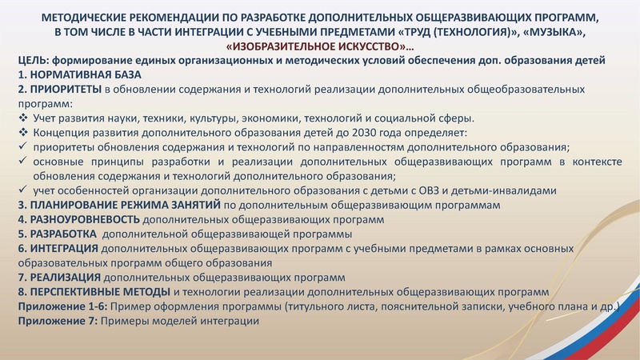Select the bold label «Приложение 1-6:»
61,306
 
